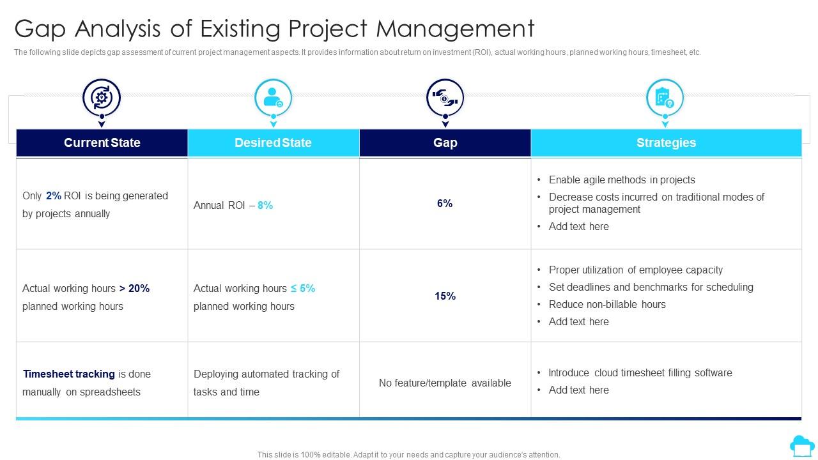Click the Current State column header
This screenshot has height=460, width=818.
point(102,142)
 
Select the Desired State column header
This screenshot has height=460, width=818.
point(273,142)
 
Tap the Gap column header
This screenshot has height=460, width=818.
point(445,142)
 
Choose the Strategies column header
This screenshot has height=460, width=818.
point(666,142)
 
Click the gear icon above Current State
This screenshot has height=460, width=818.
point(102,98)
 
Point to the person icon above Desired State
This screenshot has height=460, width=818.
point(273,98)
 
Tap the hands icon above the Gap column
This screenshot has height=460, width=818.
point(445,98)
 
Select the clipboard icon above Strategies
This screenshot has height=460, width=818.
point(665,98)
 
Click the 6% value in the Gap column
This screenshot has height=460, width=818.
point(445,203)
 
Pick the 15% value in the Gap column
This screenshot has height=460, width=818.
point(445,296)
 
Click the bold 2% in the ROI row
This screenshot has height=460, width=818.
point(54,196)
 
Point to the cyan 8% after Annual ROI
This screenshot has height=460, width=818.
point(265,205)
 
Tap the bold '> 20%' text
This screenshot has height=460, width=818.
point(134,288)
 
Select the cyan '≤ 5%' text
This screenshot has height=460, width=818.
point(303,288)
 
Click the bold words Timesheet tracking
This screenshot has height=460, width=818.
point(69,374)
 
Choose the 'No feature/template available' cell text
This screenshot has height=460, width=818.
point(445,383)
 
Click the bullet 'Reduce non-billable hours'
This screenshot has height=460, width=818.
point(607,304)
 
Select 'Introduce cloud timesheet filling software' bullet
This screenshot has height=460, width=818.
point(640,372)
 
